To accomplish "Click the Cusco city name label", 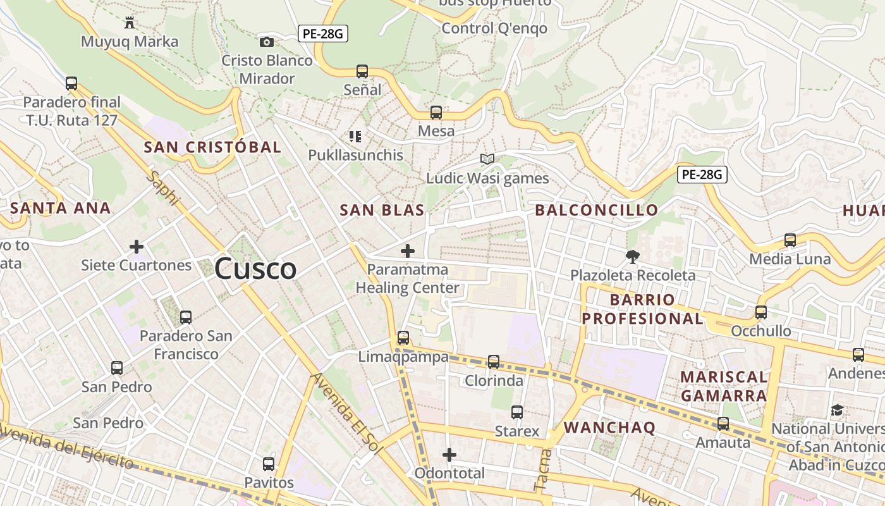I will click(x=255, y=269).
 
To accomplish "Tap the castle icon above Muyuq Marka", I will click(x=130, y=23).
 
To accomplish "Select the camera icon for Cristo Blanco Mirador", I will click(x=267, y=42).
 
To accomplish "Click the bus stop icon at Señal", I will click(x=362, y=71).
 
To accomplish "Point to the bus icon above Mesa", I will click(x=436, y=113).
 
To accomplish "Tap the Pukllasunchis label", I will click(x=355, y=155).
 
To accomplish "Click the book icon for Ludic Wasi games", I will click(x=487, y=159).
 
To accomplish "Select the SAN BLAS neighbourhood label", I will click(x=382, y=211).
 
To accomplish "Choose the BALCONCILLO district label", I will click(x=597, y=211).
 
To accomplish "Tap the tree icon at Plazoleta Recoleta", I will click(x=632, y=256).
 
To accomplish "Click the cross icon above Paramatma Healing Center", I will click(x=408, y=251).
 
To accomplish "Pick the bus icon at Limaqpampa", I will click(x=403, y=338).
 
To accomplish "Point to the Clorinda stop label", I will click(x=494, y=381).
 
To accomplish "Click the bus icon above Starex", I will click(x=517, y=412).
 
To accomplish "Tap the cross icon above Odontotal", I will click(x=449, y=454).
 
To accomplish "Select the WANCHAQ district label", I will click(x=609, y=428).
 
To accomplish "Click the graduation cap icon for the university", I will click(x=838, y=410).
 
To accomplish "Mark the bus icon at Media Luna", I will click(x=790, y=240).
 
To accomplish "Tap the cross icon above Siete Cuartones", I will click(x=137, y=246).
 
